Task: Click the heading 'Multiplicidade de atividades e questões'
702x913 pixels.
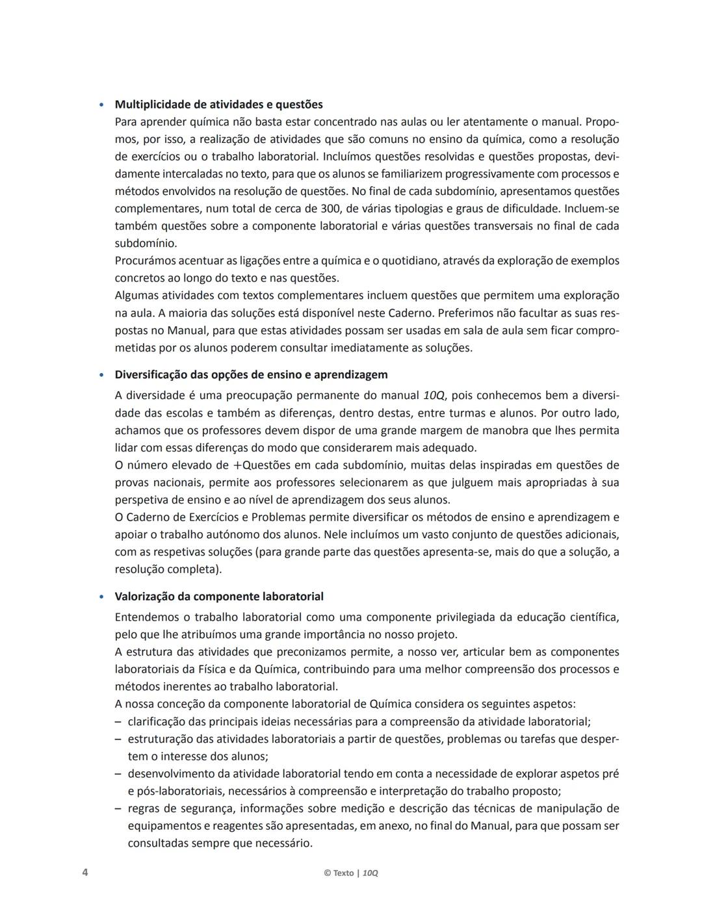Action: point(218,104)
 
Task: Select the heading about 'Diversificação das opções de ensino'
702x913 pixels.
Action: point(251,374)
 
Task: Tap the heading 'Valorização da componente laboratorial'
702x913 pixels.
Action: point(219,596)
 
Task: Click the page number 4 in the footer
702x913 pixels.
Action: point(85,872)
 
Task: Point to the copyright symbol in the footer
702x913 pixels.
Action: point(327,873)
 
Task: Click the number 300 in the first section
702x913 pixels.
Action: point(331,209)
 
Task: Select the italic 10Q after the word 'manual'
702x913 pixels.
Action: point(434,395)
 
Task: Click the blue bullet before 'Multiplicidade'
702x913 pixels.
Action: point(101,105)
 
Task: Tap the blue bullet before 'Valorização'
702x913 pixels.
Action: point(101,597)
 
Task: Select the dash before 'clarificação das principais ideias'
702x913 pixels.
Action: point(118,721)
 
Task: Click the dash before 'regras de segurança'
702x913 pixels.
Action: point(118,808)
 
